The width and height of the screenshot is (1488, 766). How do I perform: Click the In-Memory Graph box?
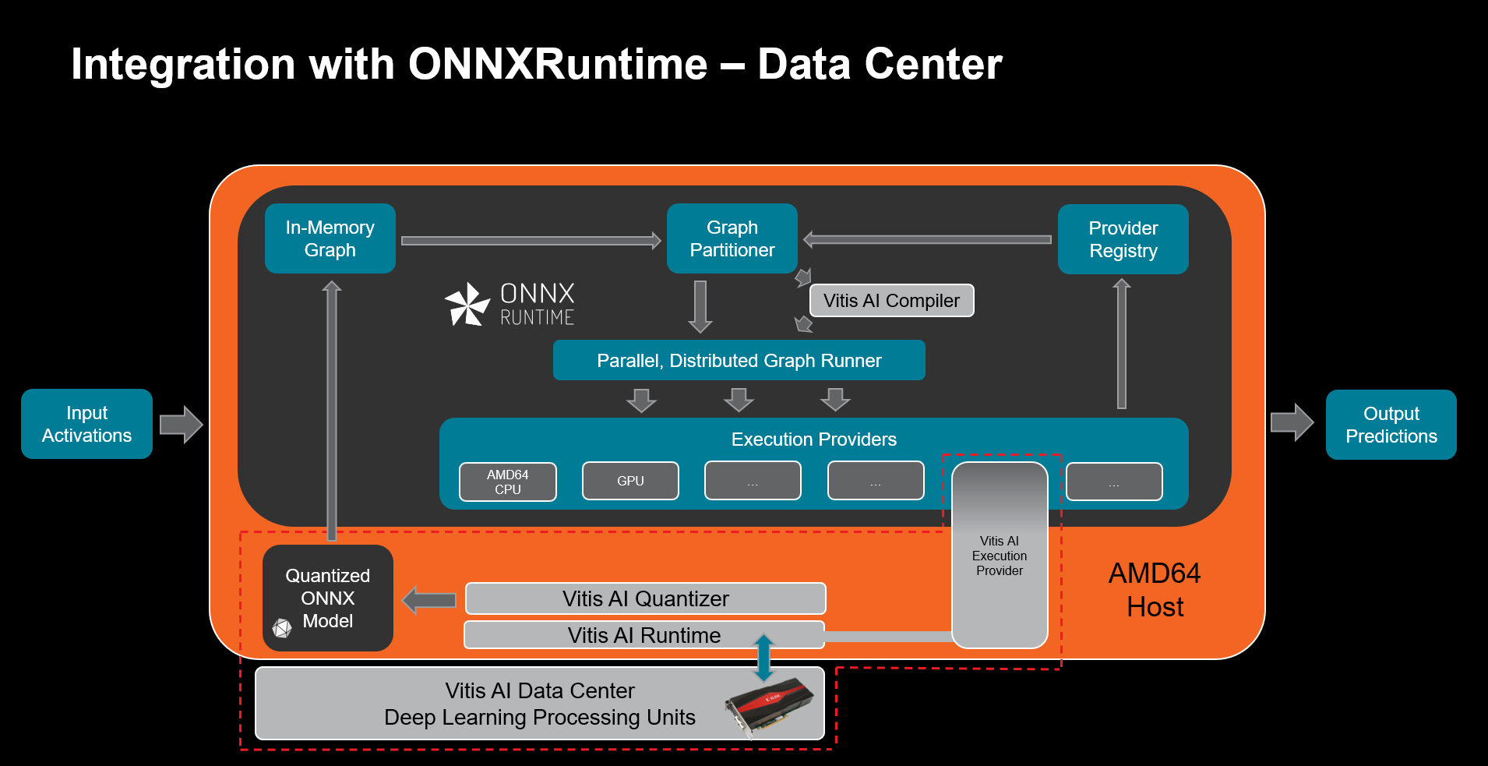[x=330, y=238]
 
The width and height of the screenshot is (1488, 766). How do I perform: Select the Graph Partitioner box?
[x=732, y=238]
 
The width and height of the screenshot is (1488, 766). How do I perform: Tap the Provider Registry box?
[x=1123, y=239]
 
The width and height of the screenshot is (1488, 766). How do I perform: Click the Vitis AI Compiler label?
[x=891, y=301]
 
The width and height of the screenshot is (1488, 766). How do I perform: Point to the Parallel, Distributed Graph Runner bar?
[x=739, y=361]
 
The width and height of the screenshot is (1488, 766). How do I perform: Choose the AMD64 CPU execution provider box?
[x=507, y=482]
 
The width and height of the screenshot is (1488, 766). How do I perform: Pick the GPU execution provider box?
[x=630, y=481]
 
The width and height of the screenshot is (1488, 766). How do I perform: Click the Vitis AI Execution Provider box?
[x=1000, y=556]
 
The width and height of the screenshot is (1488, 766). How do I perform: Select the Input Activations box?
[x=86, y=424]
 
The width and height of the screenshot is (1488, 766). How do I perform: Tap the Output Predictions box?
[x=1391, y=425]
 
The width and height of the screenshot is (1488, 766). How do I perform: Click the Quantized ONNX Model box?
[x=327, y=598]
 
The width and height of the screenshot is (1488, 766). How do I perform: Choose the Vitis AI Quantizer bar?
[x=645, y=598]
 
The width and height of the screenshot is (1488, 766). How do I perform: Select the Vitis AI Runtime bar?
[x=644, y=635]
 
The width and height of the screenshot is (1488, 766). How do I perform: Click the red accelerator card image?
[x=770, y=703]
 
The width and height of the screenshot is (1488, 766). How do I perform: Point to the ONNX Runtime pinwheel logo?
[x=467, y=304]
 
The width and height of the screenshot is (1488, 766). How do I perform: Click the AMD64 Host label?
[x=1155, y=590]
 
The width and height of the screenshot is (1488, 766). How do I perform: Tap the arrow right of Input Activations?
[x=181, y=425]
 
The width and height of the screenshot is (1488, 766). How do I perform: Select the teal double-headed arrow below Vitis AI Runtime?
[x=763, y=657]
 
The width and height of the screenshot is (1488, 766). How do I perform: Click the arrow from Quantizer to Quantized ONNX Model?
[x=429, y=600]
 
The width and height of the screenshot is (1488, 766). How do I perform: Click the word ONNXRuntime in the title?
[x=558, y=64]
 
